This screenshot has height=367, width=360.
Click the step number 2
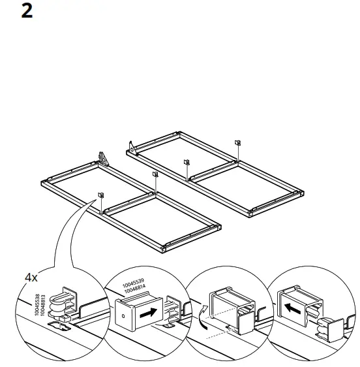point(27,11)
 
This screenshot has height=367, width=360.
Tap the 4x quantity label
point(31,277)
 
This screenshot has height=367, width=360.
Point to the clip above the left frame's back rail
point(155,174)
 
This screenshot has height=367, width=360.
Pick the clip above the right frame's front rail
point(187,162)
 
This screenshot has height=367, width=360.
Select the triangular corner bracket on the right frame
point(132,148)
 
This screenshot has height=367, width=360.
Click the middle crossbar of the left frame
point(129,202)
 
